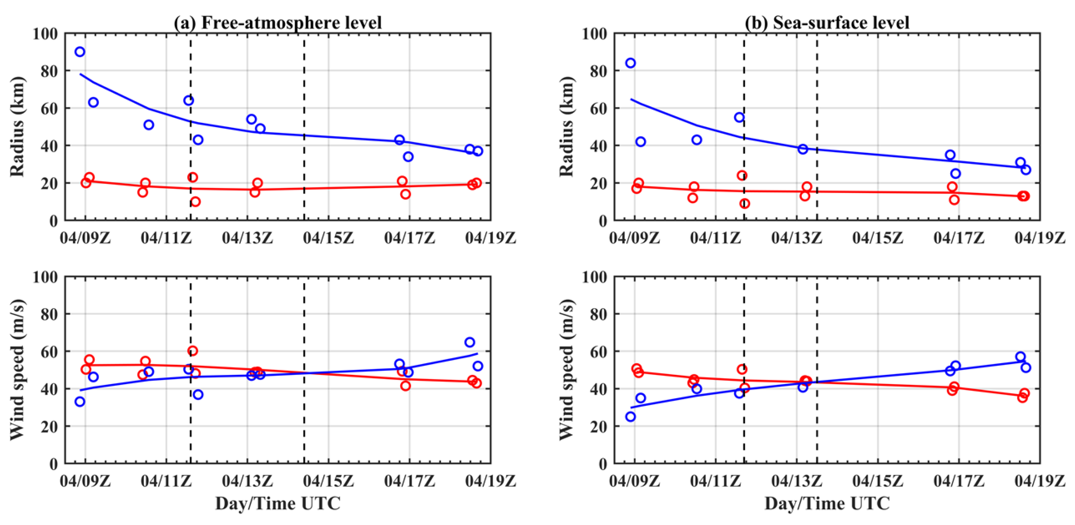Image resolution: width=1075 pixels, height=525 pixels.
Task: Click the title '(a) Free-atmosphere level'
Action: click(278, 22)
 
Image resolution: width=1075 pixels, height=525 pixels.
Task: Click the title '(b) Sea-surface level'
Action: click(827, 22)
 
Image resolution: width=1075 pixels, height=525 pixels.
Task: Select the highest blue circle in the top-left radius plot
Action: click(80, 52)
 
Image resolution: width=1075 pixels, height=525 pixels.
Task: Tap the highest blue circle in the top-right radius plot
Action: click(630, 63)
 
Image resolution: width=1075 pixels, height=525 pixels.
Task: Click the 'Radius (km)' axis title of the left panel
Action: click(18, 126)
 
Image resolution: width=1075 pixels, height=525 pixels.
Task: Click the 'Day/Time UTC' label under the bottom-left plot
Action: click(278, 503)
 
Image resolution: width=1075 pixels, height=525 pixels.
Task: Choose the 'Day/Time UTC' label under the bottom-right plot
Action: click(827, 503)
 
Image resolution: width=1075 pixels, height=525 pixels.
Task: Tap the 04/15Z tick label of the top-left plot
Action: click(328, 238)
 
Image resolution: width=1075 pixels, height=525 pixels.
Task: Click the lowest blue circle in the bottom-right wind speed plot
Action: click(630, 417)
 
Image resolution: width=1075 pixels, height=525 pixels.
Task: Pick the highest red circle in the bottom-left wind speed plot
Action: click(192, 351)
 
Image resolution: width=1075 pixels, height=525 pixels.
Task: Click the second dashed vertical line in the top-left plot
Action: click(304, 125)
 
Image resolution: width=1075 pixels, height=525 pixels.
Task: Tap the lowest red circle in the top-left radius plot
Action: click(195, 202)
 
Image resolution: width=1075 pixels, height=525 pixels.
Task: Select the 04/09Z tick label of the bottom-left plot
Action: click(85, 481)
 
